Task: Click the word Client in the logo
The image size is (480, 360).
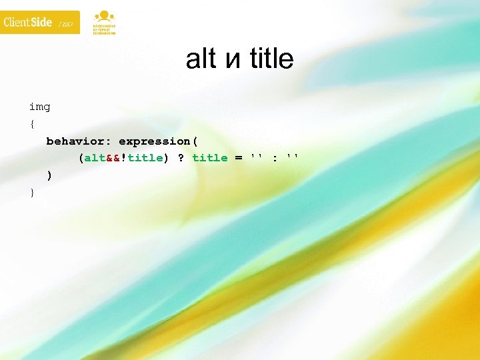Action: tap(18, 22)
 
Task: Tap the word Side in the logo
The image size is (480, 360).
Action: tap(42, 22)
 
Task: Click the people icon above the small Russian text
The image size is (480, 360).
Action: tap(103, 15)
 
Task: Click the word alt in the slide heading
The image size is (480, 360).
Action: tap(201, 59)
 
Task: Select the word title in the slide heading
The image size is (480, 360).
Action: tap(271, 59)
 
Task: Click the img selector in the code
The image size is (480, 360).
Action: tap(39, 107)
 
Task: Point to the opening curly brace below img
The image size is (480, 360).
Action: tap(31, 124)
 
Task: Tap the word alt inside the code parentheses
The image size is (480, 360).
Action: tap(94, 158)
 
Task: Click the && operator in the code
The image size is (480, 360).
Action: tap(113, 158)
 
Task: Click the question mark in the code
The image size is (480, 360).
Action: tap(181, 158)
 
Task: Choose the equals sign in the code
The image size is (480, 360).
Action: tap(239, 158)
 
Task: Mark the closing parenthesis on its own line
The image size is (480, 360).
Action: tap(49, 175)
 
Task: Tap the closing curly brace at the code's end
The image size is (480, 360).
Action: tap(31, 193)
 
